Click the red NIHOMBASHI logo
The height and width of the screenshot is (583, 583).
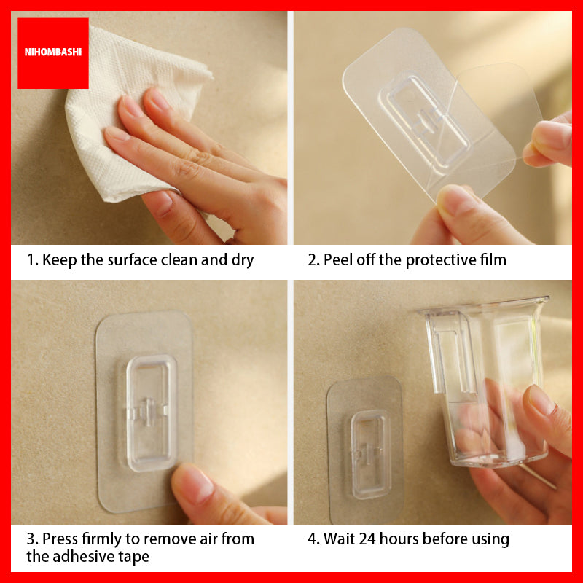52,53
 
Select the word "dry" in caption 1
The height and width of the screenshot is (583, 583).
240,260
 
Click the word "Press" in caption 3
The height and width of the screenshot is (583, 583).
60,540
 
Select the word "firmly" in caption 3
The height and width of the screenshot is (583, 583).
103,540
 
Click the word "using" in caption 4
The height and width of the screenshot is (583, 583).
491,540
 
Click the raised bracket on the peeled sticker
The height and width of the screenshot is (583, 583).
423,120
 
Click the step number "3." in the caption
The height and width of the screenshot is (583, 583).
32,540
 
